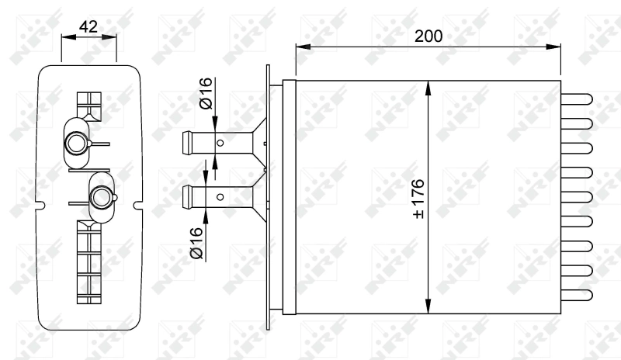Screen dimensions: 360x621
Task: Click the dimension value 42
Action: [x=88, y=26]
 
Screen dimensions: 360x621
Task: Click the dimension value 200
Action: [x=428, y=35]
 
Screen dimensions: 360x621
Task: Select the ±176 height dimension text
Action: [x=416, y=199]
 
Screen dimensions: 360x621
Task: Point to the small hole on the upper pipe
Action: [x=220, y=143]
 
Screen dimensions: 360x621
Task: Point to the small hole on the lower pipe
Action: [x=220, y=196]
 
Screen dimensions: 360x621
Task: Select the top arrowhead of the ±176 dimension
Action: [x=428, y=86]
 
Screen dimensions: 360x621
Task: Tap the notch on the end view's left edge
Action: [x=40, y=206]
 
